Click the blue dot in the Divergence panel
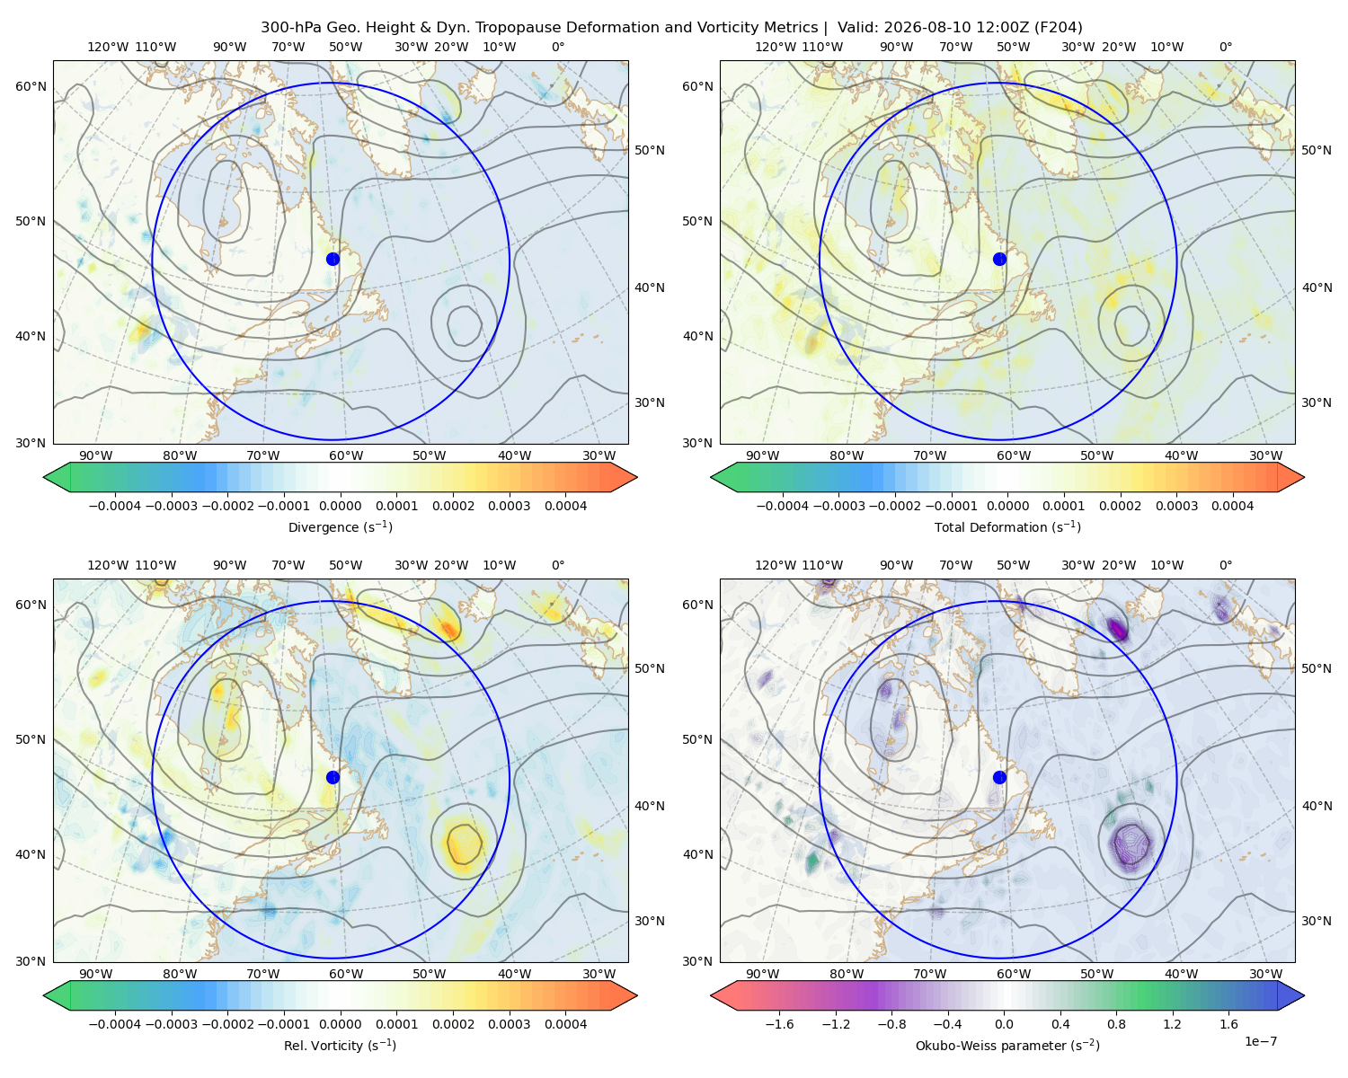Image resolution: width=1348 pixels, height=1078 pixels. (x=333, y=259)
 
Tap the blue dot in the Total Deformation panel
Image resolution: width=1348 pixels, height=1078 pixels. (x=999, y=259)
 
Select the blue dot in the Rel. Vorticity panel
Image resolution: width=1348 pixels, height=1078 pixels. (x=333, y=777)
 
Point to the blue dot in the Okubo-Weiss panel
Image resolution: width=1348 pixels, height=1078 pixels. (x=999, y=777)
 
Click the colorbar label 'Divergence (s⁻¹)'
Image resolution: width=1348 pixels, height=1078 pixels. (x=340, y=526)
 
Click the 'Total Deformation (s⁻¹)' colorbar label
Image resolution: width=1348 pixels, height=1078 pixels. (x=1007, y=526)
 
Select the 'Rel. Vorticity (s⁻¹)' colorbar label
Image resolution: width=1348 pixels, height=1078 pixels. (x=340, y=1045)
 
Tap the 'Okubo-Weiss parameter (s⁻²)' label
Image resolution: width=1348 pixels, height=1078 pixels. (x=1007, y=1045)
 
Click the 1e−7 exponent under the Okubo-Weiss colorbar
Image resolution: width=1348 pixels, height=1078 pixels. (x=1260, y=1041)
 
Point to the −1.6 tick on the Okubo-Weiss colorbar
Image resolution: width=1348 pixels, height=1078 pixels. (x=779, y=1023)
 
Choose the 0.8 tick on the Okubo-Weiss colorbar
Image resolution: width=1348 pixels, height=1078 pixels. (x=1116, y=1023)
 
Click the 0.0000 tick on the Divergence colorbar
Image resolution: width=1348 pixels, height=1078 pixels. (x=340, y=506)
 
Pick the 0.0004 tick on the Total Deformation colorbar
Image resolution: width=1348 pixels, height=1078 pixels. (x=1232, y=506)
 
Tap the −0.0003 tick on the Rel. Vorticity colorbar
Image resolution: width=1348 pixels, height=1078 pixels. (x=171, y=1023)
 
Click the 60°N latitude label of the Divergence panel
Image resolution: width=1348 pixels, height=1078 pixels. (x=31, y=86)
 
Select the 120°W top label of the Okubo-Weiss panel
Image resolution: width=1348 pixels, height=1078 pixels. (x=775, y=565)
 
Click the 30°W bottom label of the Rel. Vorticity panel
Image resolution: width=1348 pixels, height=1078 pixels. (x=599, y=974)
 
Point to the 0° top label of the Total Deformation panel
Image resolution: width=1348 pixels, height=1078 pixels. (x=1225, y=47)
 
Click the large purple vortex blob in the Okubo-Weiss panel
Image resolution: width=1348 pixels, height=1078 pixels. (x=1130, y=844)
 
